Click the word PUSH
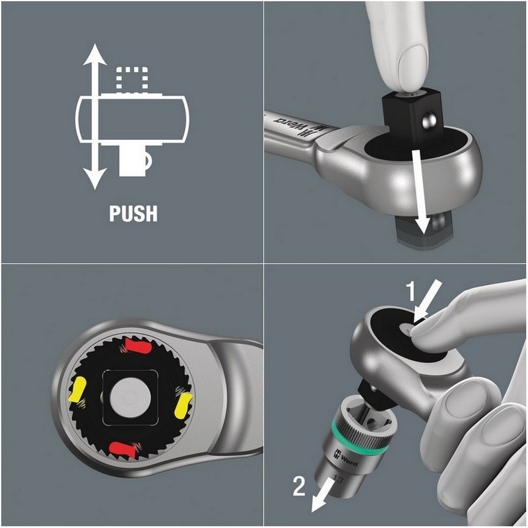[x=133, y=213]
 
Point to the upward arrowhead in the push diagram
[x=95, y=54]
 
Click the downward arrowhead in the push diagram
[x=95, y=178]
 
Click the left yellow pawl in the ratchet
[x=77, y=389]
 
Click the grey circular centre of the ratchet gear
[x=130, y=397]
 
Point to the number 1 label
[x=411, y=291]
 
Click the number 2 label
[x=299, y=486]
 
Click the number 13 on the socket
[x=338, y=479]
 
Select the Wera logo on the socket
[x=345, y=456]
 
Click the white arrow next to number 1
[x=427, y=302]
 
